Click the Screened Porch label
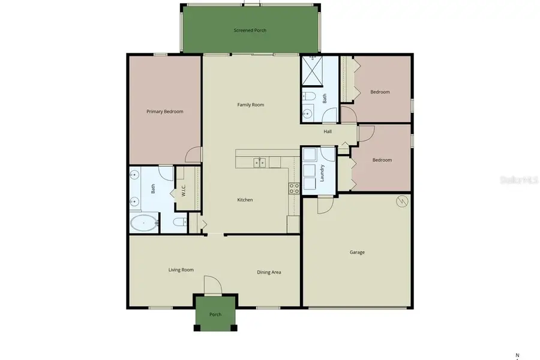click(250, 30)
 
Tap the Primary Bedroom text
click(165, 112)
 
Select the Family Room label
click(250, 105)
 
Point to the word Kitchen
click(245, 200)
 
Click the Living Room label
click(181, 270)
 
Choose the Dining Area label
click(269, 272)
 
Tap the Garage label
click(357, 253)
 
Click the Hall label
click(328, 131)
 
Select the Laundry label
click(322, 173)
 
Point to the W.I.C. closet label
click(183, 190)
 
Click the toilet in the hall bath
click(309, 96)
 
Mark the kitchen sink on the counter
click(260, 162)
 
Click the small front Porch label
click(215, 314)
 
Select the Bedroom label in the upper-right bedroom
click(380, 92)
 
